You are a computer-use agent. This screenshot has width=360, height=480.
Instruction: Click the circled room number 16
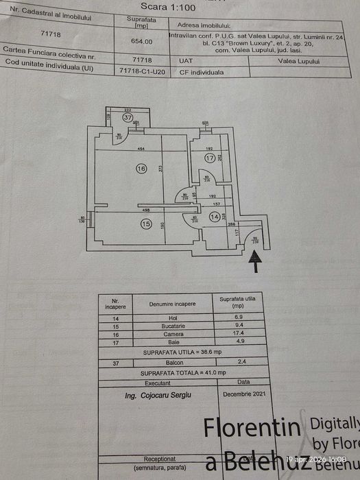[141, 168]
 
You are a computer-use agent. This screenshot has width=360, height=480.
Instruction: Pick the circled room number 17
[209, 158]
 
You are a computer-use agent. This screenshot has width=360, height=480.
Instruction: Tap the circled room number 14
[216, 217]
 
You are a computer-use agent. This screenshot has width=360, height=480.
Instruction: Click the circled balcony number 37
[128, 117]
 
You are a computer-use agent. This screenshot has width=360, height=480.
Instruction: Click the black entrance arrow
[256, 261]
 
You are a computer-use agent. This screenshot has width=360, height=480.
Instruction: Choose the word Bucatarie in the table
[172, 326]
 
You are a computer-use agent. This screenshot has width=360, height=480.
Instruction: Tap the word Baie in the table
[172, 341]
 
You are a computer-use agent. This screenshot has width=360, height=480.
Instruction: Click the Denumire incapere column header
[171, 303]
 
